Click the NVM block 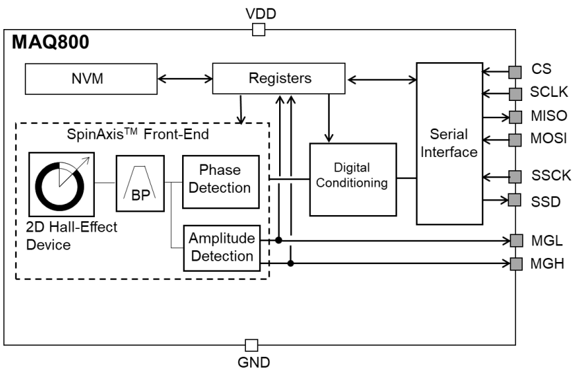(x=87, y=79)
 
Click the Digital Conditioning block (x=353, y=178)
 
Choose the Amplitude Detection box (x=222, y=248)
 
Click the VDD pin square (x=258, y=29)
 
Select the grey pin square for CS (x=515, y=70)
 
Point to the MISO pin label (x=549, y=115)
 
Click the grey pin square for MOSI (x=515, y=140)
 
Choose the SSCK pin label (x=549, y=176)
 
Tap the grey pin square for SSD (x=515, y=200)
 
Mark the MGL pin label (x=546, y=241)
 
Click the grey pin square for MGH (x=515, y=263)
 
